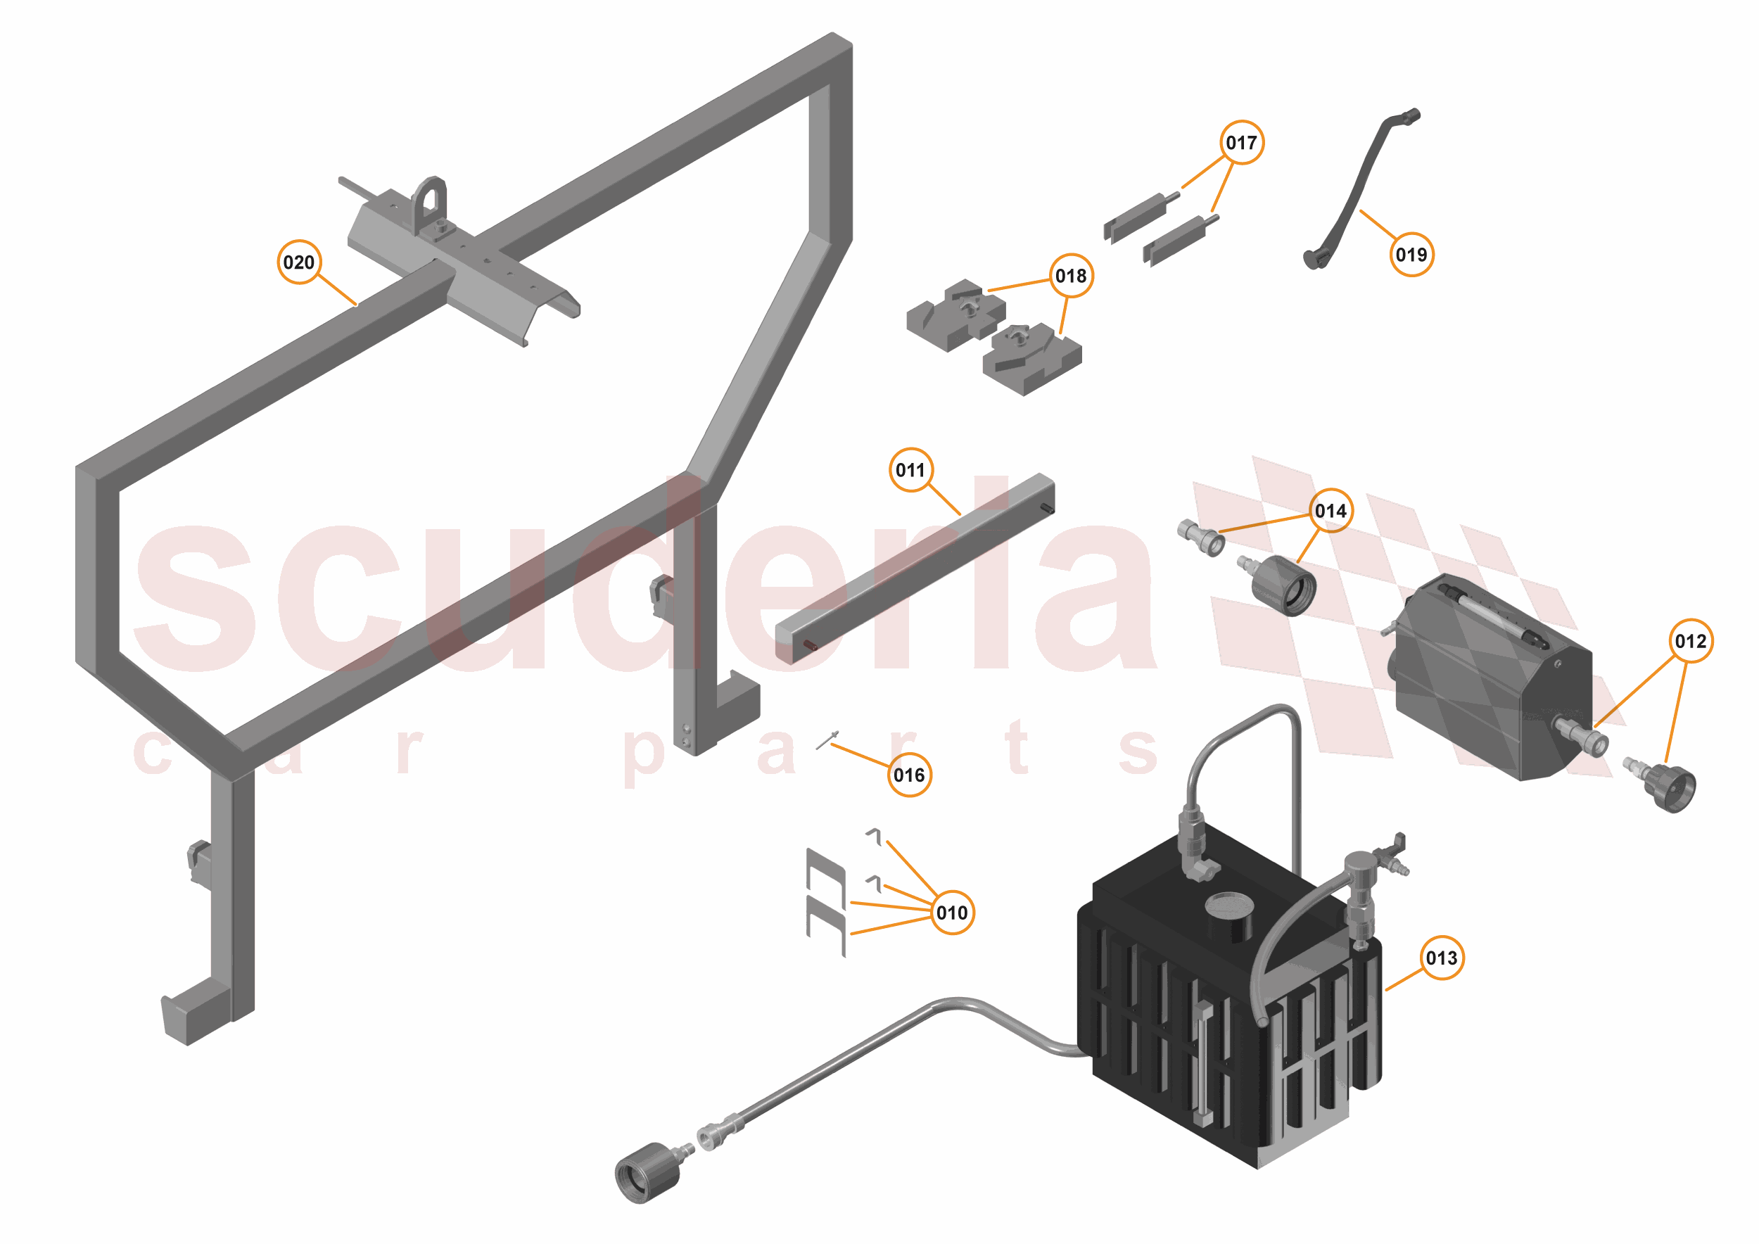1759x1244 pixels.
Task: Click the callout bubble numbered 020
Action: [299, 262]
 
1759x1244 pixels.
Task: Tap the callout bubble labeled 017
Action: [1241, 142]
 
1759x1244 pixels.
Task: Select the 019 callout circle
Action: [1411, 254]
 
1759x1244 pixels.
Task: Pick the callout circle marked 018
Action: [1071, 276]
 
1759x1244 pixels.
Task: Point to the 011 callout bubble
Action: [911, 469]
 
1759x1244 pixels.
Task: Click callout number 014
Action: [1331, 510]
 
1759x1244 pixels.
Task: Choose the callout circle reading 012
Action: [1691, 640]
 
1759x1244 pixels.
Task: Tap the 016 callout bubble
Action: [909, 775]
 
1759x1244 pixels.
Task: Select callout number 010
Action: [952, 913]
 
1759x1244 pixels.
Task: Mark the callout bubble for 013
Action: [1442, 958]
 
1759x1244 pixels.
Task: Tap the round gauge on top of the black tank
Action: [1228, 906]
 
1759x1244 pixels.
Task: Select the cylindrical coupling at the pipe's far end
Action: [647, 1173]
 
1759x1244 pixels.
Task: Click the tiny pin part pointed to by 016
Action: [827, 741]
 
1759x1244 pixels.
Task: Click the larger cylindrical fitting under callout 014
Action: [1283, 585]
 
